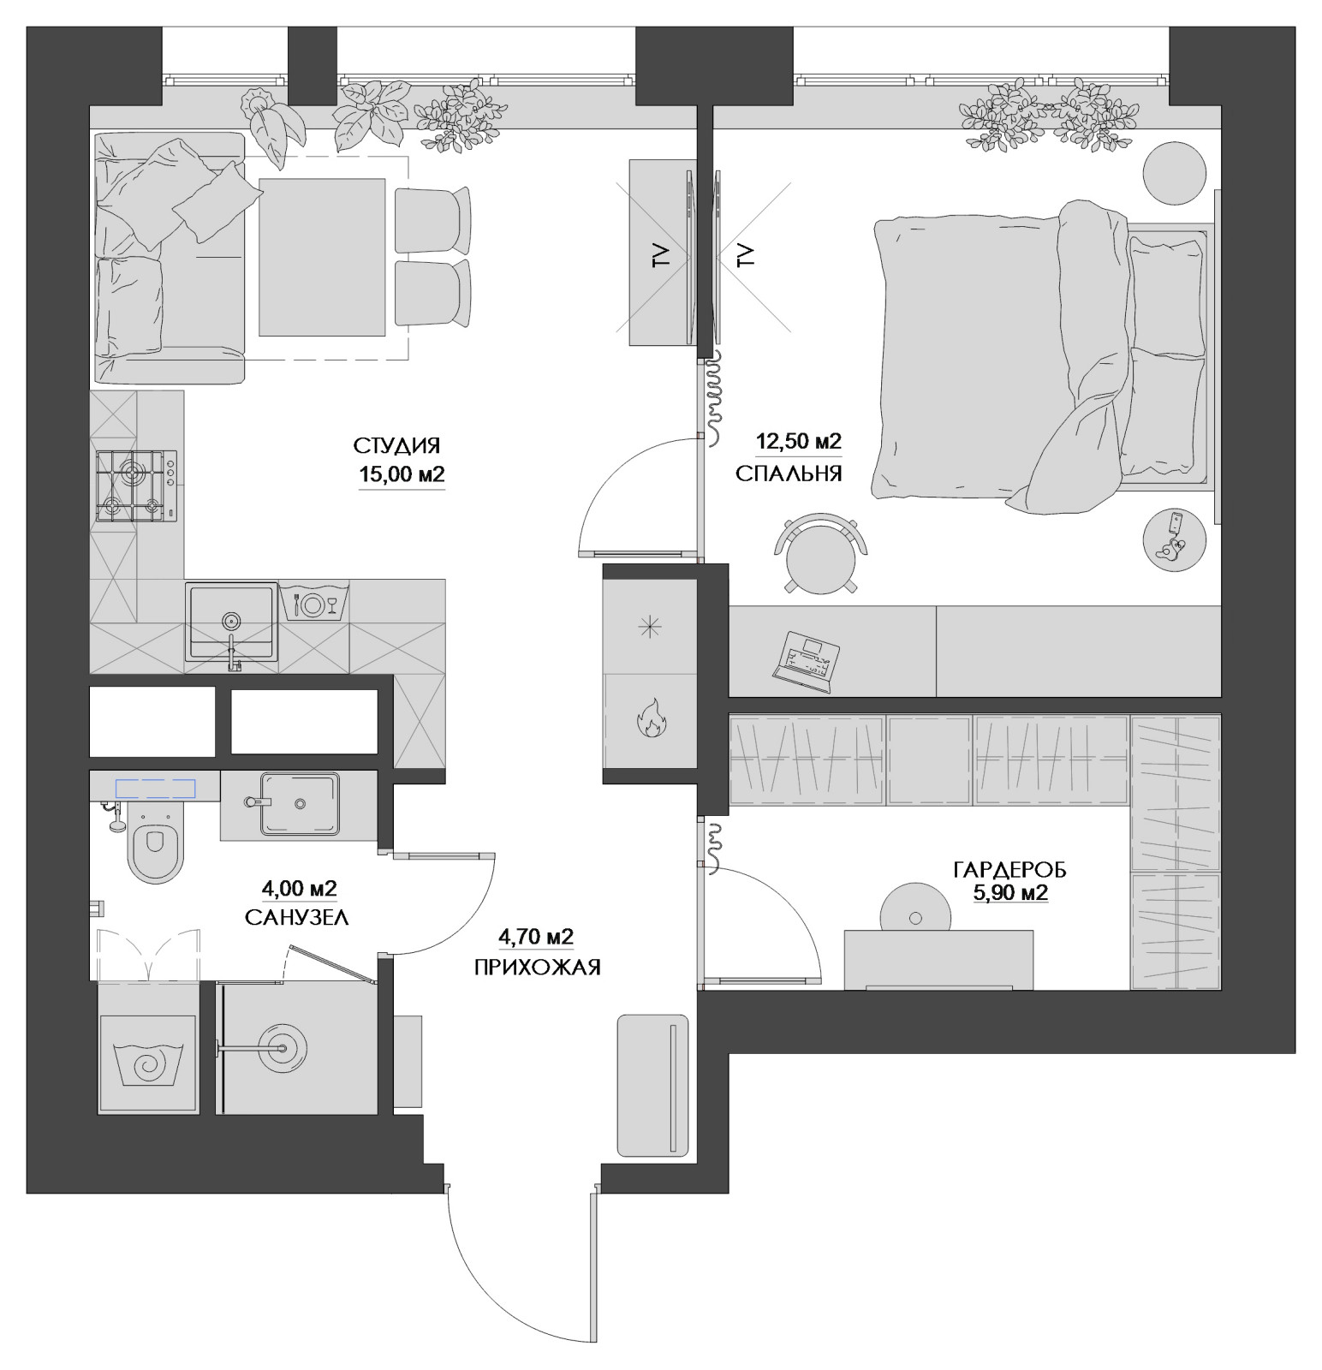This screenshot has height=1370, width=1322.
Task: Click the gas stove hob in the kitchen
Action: pos(137,485)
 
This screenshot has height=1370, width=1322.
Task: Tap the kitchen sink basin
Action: pos(231,622)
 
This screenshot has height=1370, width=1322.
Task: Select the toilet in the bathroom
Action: pos(154,845)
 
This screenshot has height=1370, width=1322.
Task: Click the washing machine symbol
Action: pos(147,1063)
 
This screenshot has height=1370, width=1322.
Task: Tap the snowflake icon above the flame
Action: pos(650,628)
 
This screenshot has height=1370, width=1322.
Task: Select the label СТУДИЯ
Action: pos(396,446)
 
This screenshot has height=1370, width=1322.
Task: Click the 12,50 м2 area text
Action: pos(799,442)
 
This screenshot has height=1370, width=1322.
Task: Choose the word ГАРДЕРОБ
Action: pos(1010,871)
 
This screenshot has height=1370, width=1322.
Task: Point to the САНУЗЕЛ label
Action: pos(296,918)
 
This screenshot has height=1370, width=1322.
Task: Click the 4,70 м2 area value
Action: pos(536,936)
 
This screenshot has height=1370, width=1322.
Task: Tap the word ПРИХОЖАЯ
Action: pos(537,968)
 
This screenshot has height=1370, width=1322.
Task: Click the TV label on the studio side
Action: pos(660,256)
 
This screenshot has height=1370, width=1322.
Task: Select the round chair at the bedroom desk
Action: pos(820,553)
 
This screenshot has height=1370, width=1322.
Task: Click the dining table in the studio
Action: pos(322,257)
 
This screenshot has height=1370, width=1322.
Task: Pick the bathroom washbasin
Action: pos(300,803)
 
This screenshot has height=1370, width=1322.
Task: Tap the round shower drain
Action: pos(280,1046)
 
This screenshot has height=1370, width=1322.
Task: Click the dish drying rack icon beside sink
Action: pos(313,603)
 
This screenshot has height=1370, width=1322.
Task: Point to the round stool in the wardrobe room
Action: pos(914,917)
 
